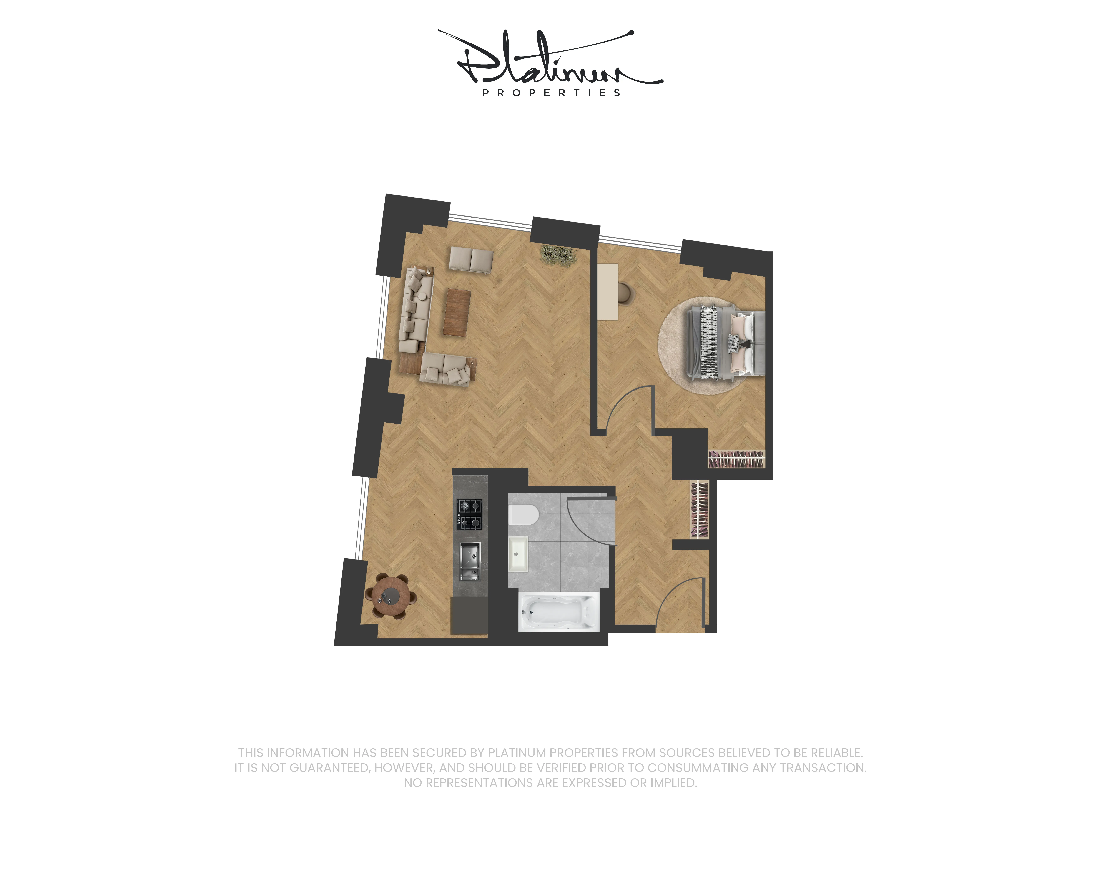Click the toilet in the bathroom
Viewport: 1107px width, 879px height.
pos(523,514)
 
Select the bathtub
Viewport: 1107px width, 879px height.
pos(559,612)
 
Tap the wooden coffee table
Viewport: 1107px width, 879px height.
pos(457,313)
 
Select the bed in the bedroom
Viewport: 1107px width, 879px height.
pos(725,343)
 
